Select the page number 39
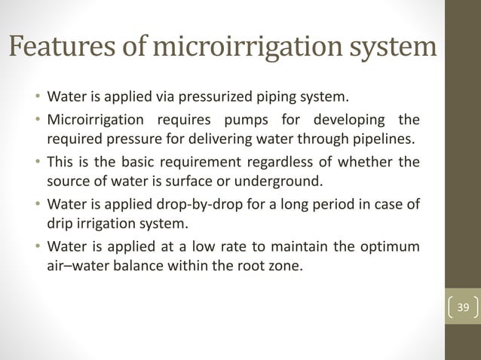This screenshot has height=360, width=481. click(x=463, y=307)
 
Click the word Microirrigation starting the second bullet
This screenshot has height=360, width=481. click(x=93, y=121)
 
